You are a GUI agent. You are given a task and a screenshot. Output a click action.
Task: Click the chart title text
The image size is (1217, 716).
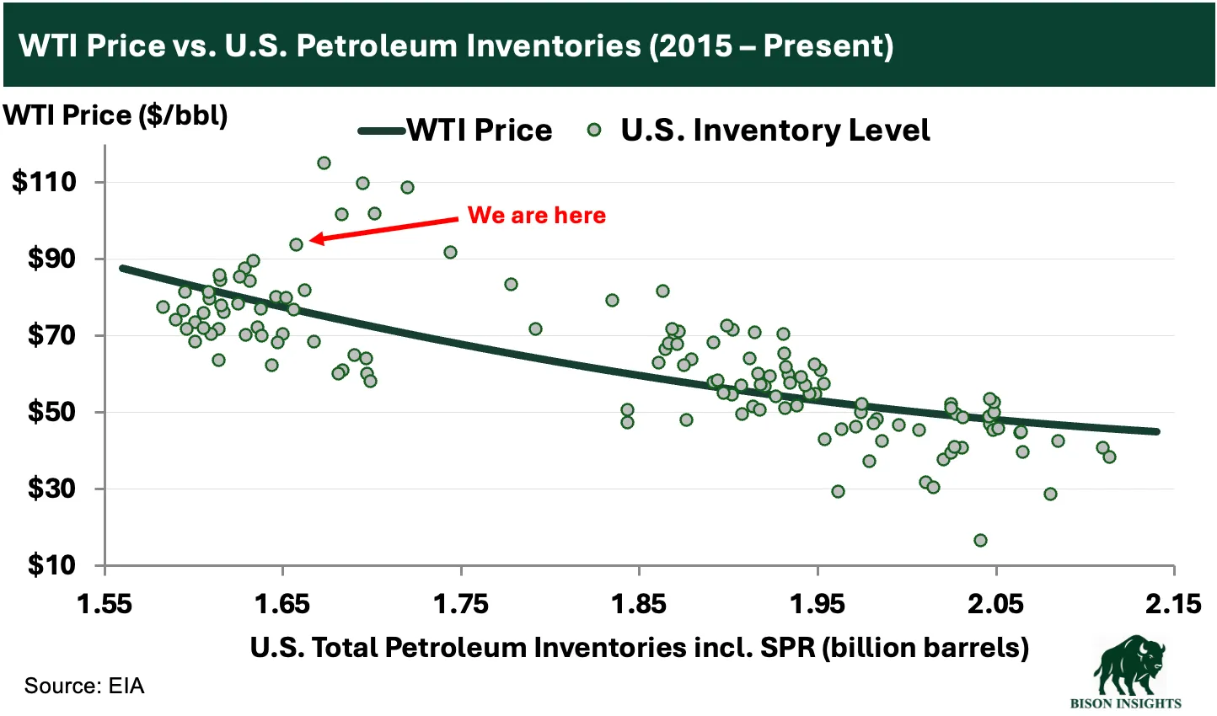(x=456, y=45)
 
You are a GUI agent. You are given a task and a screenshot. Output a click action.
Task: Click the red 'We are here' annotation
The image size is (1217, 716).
(x=537, y=216)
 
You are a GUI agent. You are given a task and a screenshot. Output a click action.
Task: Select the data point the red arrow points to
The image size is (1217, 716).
(x=296, y=244)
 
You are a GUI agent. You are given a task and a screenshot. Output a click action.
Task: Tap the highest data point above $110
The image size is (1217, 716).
(x=324, y=163)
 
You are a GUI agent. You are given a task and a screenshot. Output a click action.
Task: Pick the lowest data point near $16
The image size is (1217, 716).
(x=980, y=540)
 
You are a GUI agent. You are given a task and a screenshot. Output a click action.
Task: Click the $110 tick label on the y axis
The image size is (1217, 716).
(x=44, y=182)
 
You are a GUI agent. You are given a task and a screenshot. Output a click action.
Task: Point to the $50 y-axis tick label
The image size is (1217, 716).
(x=51, y=413)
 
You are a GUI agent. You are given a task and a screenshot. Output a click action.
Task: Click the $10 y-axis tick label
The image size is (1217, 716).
(x=51, y=565)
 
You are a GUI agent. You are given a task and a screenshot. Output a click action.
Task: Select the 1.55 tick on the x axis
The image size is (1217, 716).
(x=105, y=604)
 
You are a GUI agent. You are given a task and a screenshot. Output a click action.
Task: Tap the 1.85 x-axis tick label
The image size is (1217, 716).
(x=640, y=604)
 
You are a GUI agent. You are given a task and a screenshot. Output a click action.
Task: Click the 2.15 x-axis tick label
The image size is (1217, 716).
(x=1174, y=604)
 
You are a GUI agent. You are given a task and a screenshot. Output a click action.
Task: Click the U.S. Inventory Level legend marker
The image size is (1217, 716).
(x=594, y=130)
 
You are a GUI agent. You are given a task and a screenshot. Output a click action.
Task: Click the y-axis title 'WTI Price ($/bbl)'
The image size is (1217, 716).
(x=115, y=115)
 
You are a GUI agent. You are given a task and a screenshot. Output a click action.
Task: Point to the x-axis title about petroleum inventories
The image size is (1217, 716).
(x=639, y=647)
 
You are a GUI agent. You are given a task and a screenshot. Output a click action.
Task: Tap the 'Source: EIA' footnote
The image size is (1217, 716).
(x=84, y=686)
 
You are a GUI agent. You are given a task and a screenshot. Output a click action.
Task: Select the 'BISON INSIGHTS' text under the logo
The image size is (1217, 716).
(x=1125, y=703)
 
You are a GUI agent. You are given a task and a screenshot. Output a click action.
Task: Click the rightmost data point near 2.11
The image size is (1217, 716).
(x=1109, y=457)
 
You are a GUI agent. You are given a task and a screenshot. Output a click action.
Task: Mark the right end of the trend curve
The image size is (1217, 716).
(x=1157, y=431)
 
